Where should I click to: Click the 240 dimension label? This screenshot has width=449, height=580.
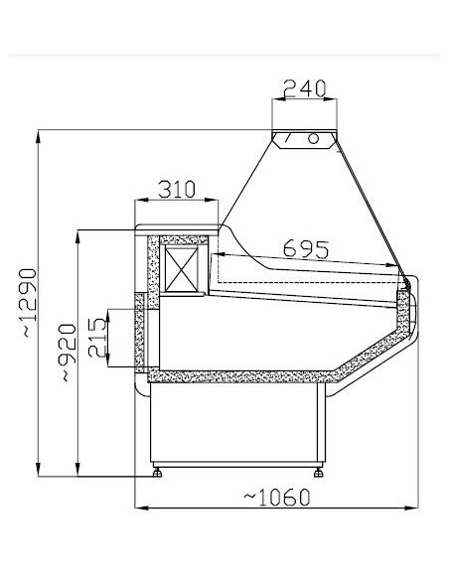pyautogui.click(x=305, y=88)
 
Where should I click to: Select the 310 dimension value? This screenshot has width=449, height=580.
pyautogui.click(x=177, y=189)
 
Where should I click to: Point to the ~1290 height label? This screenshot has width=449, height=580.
pyautogui.click(x=29, y=303)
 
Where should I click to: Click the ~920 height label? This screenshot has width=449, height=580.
pyautogui.click(x=69, y=353)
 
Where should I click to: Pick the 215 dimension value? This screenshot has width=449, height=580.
pyautogui.click(x=97, y=337)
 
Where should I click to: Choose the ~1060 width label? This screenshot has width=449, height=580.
pyautogui.click(x=276, y=498)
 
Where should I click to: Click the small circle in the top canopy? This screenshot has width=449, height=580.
pyautogui.click(x=313, y=138)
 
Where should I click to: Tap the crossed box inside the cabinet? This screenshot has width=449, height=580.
pyautogui.click(x=181, y=269)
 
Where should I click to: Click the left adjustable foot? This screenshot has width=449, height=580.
pyautogui.click(x=157, y=473)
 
